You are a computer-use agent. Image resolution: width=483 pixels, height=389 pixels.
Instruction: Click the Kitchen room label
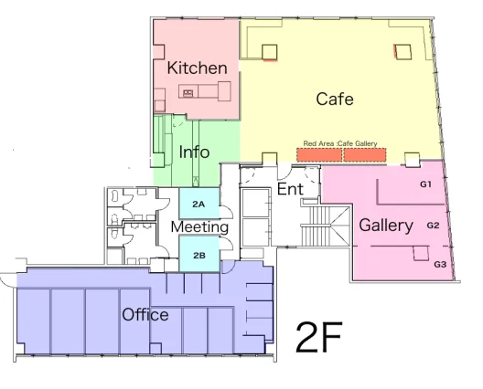pyautogui.click(x=198, y=68)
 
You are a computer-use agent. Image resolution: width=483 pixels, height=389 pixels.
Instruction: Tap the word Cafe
pyautogui.click(x=335, y=99)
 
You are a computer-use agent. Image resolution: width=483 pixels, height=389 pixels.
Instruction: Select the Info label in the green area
pyautogui.click(x=194, y=152)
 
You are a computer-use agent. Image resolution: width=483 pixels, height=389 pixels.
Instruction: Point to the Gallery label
pyautogui.click(x=386, y=226)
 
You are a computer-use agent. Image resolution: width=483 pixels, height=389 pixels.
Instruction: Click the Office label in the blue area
pyautogui.click(x=145, y=315)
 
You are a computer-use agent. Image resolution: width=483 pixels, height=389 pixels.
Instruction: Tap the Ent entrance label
pyautogui.click(x=290, y=189)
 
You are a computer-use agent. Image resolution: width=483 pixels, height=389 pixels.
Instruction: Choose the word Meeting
pyautogui.click(x=199, y=227)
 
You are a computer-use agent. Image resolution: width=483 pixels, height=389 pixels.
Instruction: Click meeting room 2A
pyautogui.click(x=199, y=204)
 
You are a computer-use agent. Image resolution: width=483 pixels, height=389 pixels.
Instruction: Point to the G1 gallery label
pyautogui.click(x=425, y=184)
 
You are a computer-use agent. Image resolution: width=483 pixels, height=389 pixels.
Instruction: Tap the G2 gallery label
pyautogui.click(x=433, y=226)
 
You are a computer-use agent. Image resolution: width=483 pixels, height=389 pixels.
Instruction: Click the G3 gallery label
pyautogui.click(x=440, y=264)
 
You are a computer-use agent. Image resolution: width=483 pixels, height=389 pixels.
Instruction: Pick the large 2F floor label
pyautogui.click(x=319, y=337)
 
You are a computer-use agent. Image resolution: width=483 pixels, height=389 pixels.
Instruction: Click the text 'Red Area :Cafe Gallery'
pyautogui.click(x=340, y=143)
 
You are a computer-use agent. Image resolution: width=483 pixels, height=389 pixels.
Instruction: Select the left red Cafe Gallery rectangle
pyautogui.click(x=319, y=155)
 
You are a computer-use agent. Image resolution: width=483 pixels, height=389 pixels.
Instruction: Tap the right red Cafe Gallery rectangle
pyautogui.click(x=365, y=155)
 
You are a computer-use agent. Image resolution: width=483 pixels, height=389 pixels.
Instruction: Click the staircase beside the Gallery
pyautogui.click(x=325, y=226)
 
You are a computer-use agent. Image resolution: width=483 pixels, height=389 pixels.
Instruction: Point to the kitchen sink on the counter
pyautogui.click(x=188, y=92)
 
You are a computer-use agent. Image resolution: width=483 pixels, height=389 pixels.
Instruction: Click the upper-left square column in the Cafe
pyautogui.click(x=270, y=52)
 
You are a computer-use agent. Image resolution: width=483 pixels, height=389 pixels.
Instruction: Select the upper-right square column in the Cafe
pyautogui.click(x=403, y=52)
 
